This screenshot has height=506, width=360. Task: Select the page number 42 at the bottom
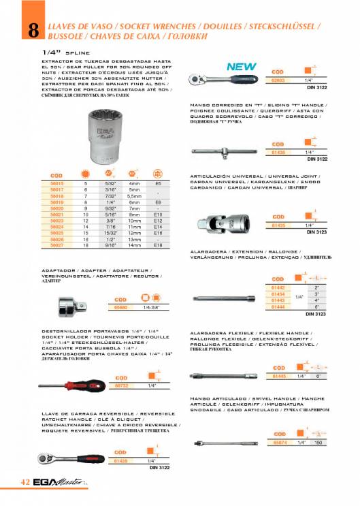click(x=25, y=483)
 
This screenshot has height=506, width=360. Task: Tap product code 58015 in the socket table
click(x=56, y=183)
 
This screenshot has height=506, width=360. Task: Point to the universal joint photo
click(x=219, y=221)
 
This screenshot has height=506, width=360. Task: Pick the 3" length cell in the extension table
click(x=316, y=294)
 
